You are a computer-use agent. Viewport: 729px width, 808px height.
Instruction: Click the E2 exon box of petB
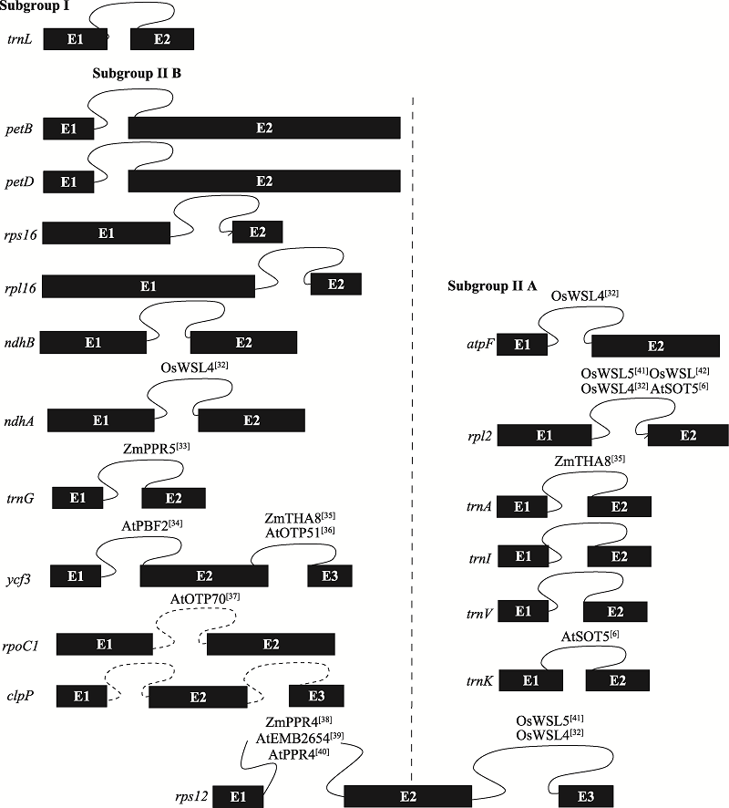(x=264, y=128)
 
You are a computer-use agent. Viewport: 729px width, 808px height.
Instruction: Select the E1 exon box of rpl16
(x=149, y=286)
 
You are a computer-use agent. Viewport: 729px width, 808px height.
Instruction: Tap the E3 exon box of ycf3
(x=330, y=575)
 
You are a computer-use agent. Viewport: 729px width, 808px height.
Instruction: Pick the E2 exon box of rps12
(x=407, y=796)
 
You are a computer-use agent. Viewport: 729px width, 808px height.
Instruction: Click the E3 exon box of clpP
(x=316, y=696)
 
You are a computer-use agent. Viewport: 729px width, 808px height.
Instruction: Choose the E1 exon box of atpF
(x=522, y=344)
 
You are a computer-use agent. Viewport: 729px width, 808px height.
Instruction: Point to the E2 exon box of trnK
(x=618, y=680)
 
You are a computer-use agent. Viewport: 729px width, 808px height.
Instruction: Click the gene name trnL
(x=20, y=40)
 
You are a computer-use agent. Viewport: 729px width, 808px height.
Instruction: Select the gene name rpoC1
(x=21, y=647)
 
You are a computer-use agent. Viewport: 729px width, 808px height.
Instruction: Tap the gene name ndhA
(x=19, y=421)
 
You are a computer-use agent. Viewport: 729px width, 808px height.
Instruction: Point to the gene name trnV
(x=479, y=613)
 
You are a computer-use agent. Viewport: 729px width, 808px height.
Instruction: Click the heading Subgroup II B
(x=137, y=73)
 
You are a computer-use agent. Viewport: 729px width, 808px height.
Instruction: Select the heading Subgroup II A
(x=492, y=285)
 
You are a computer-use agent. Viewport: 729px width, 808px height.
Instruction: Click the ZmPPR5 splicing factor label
(x=157, y=448)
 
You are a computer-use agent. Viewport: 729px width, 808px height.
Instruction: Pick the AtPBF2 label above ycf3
(x=152, y=525)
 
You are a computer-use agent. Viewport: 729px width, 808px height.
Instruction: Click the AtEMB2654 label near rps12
(x=300, y=738)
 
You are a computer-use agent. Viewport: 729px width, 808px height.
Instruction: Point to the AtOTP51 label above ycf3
(x=300, y=533)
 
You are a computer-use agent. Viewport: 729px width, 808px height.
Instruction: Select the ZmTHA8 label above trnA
(x=590, y=461)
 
